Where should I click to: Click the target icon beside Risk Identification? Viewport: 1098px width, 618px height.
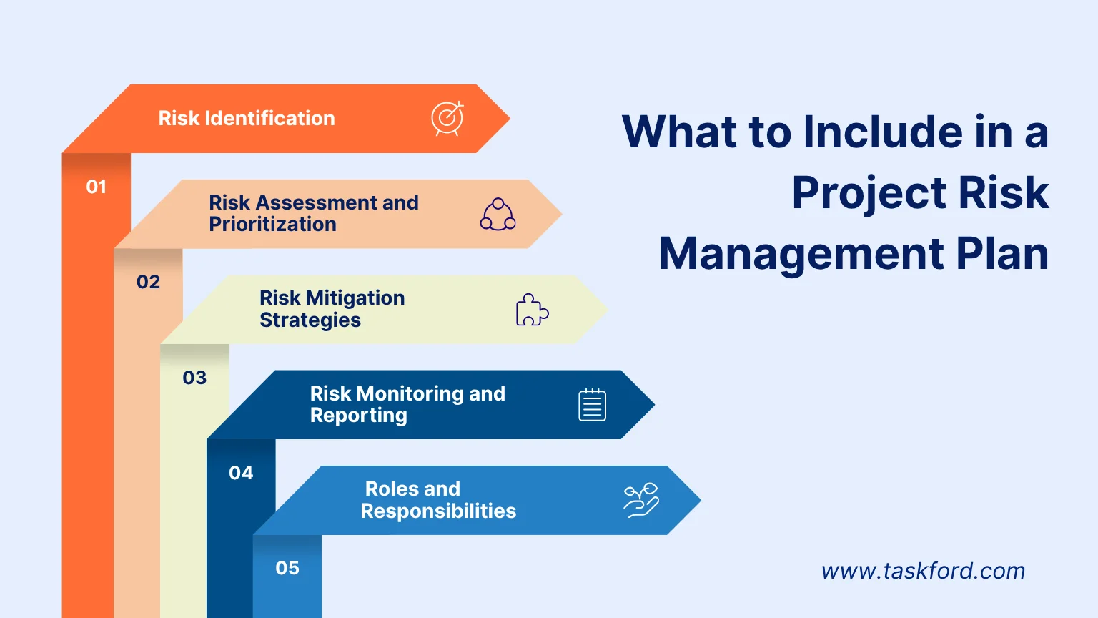pyautogui.click(x=447, y=119)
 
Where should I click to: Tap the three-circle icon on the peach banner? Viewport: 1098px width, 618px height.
pyautogui.click(x=498, y=215)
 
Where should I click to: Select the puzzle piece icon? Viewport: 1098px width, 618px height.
pyautogui.click(x=532, y=310)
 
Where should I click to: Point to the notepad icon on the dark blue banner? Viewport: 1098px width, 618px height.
pyautogui.click(x=592, y=405)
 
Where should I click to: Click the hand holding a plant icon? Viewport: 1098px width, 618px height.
pyautogui.click(x=641, y=500)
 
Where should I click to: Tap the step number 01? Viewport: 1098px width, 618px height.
pyautogui.click(x=97, y=187)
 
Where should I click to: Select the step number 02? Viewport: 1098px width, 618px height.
pyautogui.click(x=149, y=282)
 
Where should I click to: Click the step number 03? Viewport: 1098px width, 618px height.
pyautogui.click(x=194, y=378)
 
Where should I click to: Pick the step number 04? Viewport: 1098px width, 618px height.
pyautogui.click(x=241, y=473)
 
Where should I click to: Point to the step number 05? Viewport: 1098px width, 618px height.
pyautogui.click(x=287, y=568)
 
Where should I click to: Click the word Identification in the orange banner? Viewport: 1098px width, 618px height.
pyautogui.click(x=269, y=119)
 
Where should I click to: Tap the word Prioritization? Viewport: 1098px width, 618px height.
pyautogui.click(x=272, y=225)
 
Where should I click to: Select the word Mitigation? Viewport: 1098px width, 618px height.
pyautogui.click(x=355, y=298)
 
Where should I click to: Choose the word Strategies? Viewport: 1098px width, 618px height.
pyautogui.click(x=310, y=320)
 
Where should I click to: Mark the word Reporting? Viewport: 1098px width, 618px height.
pyautogui.click(x=358, y=416)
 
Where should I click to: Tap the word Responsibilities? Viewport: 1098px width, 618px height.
pyautogui.click(x=438, y=511)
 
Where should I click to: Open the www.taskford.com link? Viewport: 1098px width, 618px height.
pyautogui.click(x=923, y=571)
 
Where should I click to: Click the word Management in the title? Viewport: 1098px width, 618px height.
pyautogui.click(x=801, y=254)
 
